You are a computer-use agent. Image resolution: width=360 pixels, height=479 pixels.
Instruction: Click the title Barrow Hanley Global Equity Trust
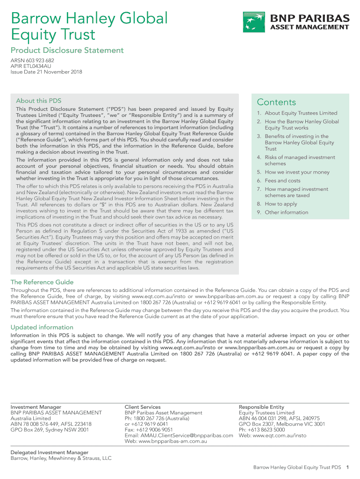(x=89, y=26)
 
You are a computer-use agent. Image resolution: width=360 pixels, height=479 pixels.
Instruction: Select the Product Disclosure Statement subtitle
(x=67, y=51)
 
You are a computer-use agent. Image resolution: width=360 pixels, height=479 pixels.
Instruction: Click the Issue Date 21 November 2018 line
(x=46, y=73)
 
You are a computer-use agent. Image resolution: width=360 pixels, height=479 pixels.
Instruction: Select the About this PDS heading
(x=38, y=101)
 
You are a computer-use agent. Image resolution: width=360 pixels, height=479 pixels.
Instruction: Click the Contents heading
(x=276, y=102)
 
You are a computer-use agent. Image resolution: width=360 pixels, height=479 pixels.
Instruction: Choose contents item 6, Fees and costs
(x=282, y=181)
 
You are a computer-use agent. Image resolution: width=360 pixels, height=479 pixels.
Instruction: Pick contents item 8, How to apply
(x=281, y=204)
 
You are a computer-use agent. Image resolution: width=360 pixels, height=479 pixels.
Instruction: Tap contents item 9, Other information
(x=286, y=212)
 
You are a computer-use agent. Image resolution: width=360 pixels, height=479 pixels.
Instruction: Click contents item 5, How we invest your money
(x=297, y=172)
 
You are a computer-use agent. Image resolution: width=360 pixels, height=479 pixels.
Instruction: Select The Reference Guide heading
(x=42, y=282)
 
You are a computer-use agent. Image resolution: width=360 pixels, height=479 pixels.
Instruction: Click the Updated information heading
(x=42, y=327)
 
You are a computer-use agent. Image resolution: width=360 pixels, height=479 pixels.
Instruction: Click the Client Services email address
(x=179, y=435)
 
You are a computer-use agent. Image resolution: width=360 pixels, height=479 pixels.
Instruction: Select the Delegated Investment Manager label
(x=50, y=452)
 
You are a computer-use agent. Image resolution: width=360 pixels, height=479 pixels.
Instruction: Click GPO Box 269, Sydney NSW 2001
(x=50, y=430)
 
